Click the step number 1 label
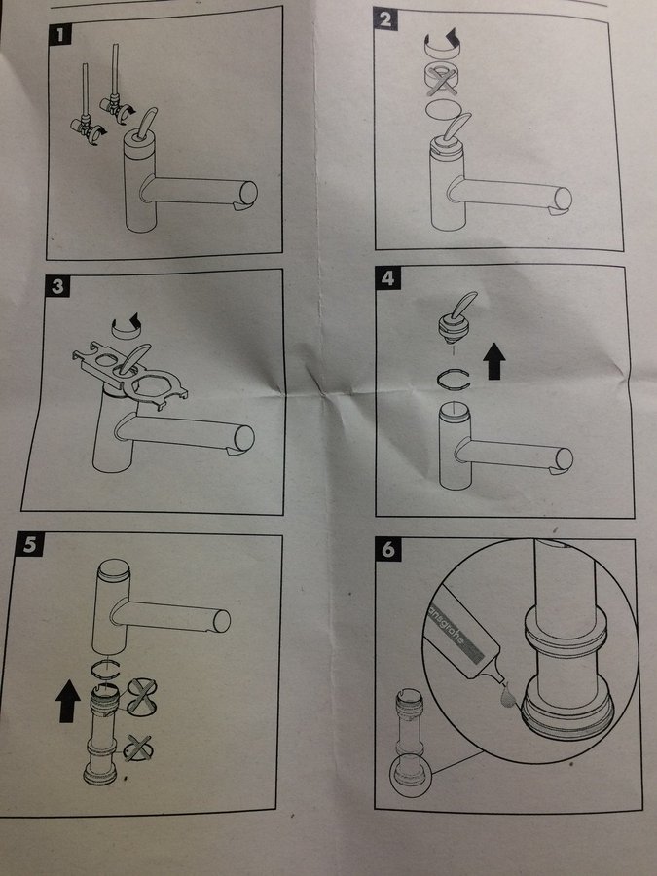click(60, 35)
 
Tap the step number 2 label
click(384, 19)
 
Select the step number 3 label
click(57, 286)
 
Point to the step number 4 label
click(387, 277)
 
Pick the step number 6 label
click(388, 550)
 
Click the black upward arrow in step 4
click(493, 361)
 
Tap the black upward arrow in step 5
click(68, 701)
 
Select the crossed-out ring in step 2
click(441, 79)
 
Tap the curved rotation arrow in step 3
click(128, 327)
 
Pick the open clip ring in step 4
click(453, 380)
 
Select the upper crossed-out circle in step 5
click(141, 697)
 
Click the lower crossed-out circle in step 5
click(137, 748)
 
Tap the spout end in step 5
click(222, 621)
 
